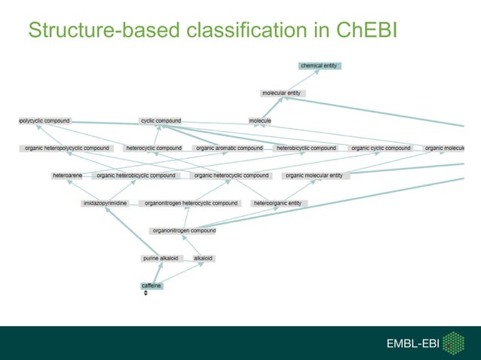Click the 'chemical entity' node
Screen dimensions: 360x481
[x=320, y=66]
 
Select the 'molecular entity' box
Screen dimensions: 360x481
[x=282, y=93]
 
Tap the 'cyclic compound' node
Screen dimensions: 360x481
[x=161, y=121]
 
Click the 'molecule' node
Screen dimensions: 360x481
[x=260, y=121]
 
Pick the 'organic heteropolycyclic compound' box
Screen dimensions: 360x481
[x=66, y=148]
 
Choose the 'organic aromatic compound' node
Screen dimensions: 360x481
[x=228, y=148]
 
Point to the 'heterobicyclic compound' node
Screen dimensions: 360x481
[x=306, y=148]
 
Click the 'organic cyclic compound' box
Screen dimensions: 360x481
[x=381, y=148]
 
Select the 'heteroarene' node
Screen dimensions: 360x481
[x=68, y=175]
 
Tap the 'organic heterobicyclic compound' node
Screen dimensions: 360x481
[x=136, y=175]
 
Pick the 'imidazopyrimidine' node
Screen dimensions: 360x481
[x=106, y=203]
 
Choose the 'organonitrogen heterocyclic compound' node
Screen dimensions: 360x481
[x=191, y=203]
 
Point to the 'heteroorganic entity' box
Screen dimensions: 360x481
[x=277, y=203]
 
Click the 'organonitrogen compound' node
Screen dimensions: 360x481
[x=183, y=230]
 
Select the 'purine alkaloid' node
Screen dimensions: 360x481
[x=161, y=258]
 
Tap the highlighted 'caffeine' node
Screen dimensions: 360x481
[x=152, y=285]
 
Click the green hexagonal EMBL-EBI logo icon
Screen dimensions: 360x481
[x=453, y=343]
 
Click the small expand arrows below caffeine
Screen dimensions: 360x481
[x=146, y=293]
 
